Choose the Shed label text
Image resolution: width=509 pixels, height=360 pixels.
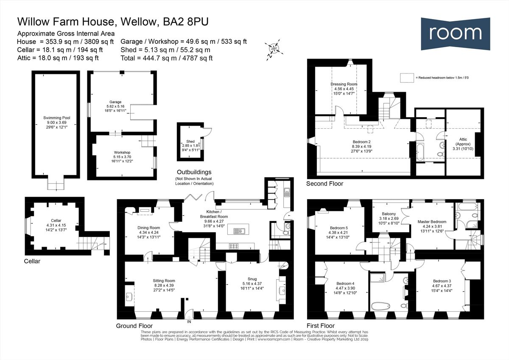(190, 142)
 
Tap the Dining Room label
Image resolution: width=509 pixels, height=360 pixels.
(148, 228)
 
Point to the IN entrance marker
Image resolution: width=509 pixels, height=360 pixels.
(189, 322)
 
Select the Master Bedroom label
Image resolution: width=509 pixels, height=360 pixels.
(432, 222)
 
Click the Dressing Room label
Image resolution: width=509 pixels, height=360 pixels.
(344, 84)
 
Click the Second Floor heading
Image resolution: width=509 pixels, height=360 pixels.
(325, 184)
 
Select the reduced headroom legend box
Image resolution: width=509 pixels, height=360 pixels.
(406, 78)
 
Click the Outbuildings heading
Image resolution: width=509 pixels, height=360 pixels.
(195, 172)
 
